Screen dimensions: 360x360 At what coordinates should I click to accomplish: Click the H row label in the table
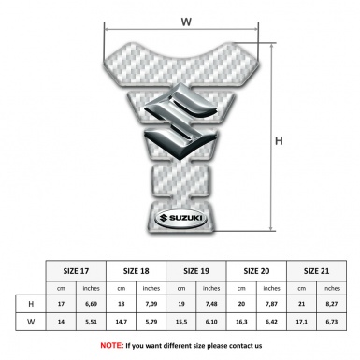(32, 305)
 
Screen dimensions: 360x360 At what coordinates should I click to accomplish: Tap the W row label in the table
(32, 323)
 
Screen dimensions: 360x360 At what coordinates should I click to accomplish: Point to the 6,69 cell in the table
(92, 305)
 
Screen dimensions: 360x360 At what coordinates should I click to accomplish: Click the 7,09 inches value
(152, 305)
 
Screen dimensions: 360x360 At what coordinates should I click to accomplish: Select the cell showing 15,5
(181, 323)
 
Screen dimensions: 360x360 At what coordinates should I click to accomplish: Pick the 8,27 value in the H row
(332, 305)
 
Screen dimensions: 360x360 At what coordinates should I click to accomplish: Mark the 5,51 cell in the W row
(92, 323)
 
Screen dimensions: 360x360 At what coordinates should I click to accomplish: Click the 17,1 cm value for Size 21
(302, 323)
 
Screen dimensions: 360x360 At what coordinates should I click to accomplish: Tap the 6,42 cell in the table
(272, 323)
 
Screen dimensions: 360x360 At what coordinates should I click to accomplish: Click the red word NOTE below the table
(112, 345)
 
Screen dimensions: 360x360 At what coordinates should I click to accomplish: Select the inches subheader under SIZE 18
(152, 288)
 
